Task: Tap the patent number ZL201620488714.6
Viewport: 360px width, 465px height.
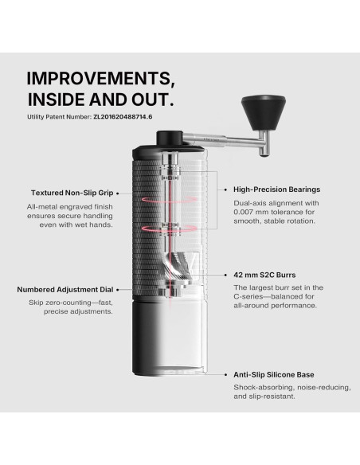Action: coord(123,117)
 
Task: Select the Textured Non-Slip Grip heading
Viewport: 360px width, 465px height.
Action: coord(72,193)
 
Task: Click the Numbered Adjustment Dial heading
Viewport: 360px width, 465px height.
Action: coord(65,289)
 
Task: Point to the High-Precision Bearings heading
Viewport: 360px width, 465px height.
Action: coord(277,190)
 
